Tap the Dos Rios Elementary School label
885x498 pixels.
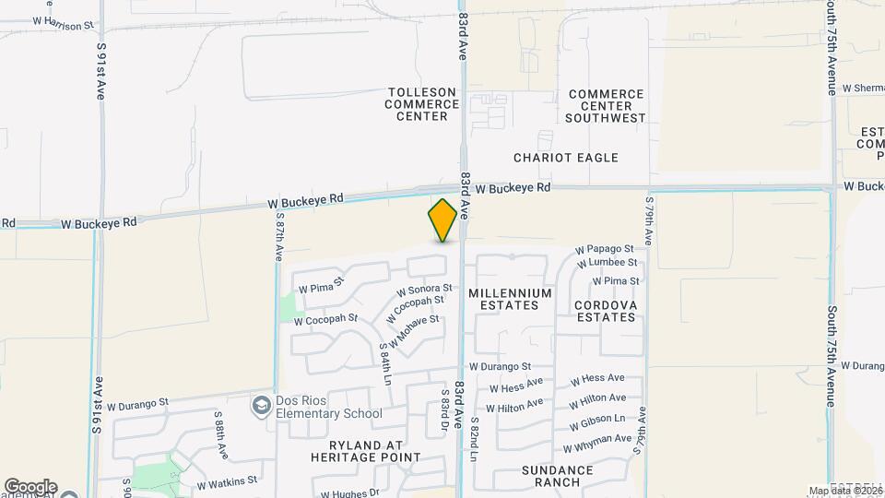coord(328,413)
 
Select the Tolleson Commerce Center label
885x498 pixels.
coord(422,104)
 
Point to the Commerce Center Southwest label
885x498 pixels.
coord(606,106)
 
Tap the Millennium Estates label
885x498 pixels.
coord(510,299)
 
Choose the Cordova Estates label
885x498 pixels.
coord(605,310)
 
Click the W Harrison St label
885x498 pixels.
coord(64,19)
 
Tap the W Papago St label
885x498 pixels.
coord(605,249)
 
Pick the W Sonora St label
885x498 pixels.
coord(424,290)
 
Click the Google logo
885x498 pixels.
coord(30,487)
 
